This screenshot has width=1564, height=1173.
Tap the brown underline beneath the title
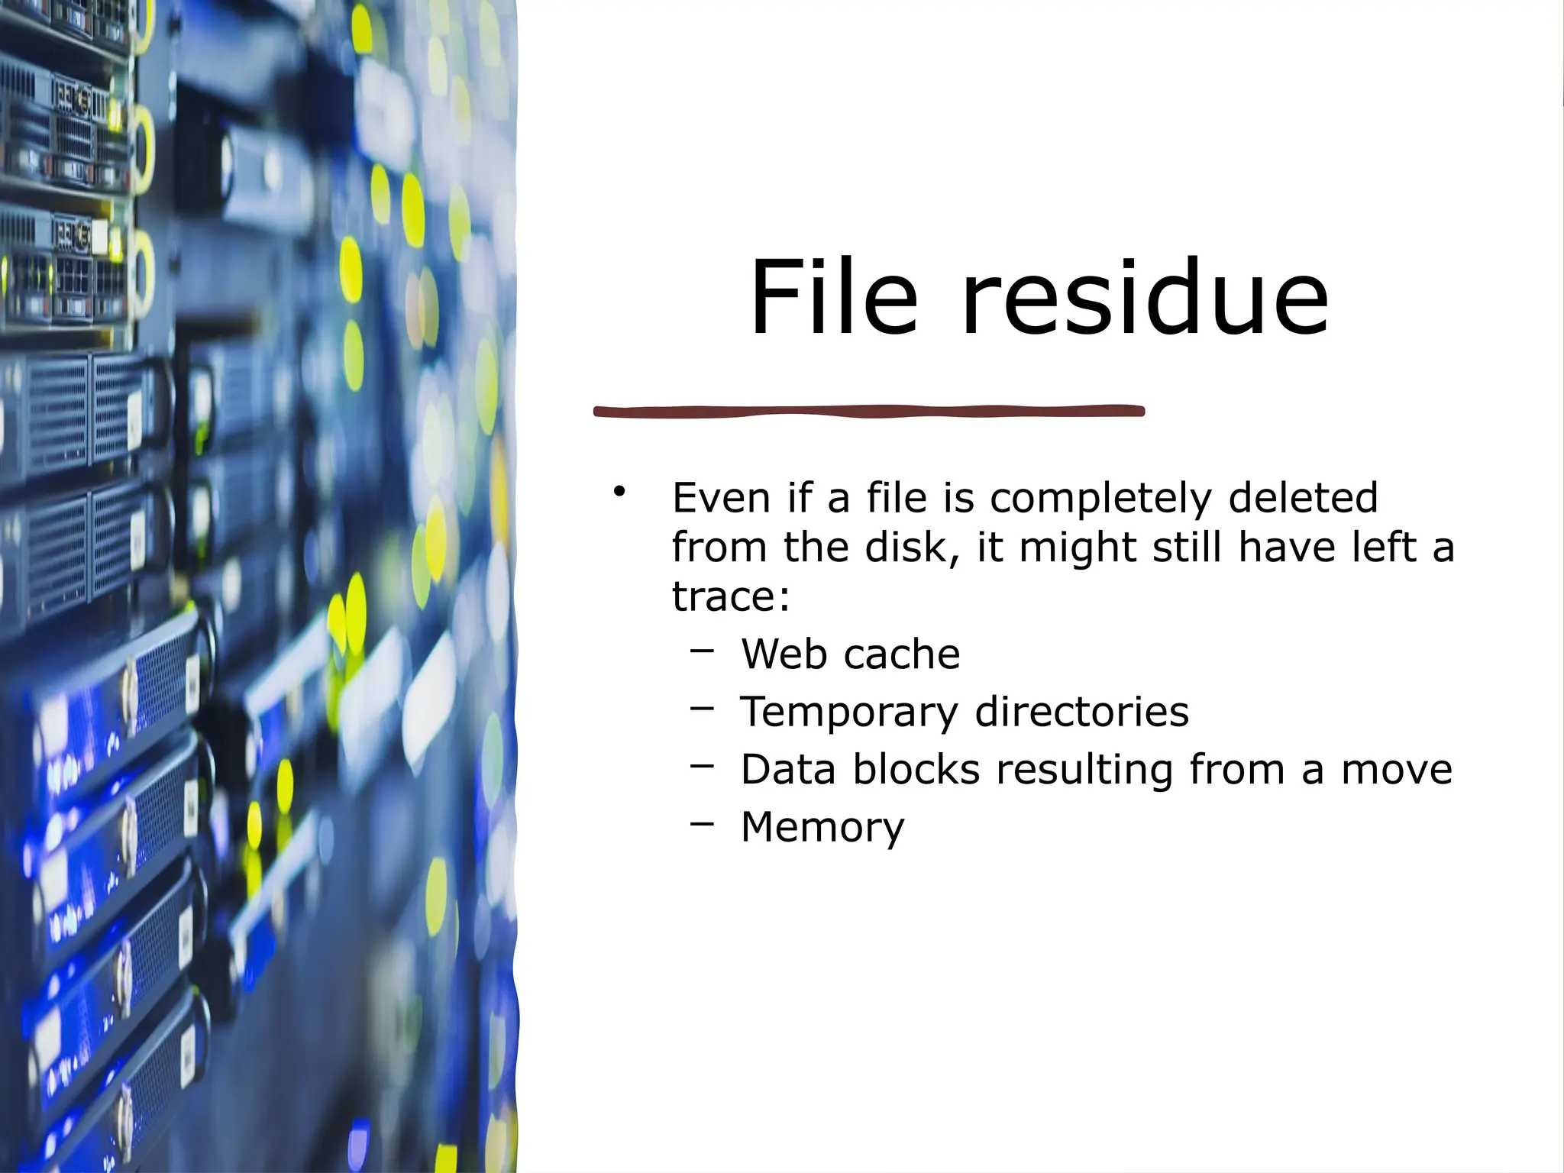click(x=869, y=412)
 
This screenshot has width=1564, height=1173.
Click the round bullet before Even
click(x=619, y=491)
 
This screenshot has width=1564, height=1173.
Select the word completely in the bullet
click(x=1100, y=499)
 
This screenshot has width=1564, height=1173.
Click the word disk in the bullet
click(x=911, y=547)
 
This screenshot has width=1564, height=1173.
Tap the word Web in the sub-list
click(x=785, y=654)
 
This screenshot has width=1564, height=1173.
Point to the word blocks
click(x=916, y=769)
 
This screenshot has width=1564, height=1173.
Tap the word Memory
click(x=822, y=828)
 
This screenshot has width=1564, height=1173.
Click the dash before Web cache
click(x=702, y=651)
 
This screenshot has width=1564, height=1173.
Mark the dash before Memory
click(x=702, y=824)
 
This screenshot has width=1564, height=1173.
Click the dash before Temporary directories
click(x=702, y=709)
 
